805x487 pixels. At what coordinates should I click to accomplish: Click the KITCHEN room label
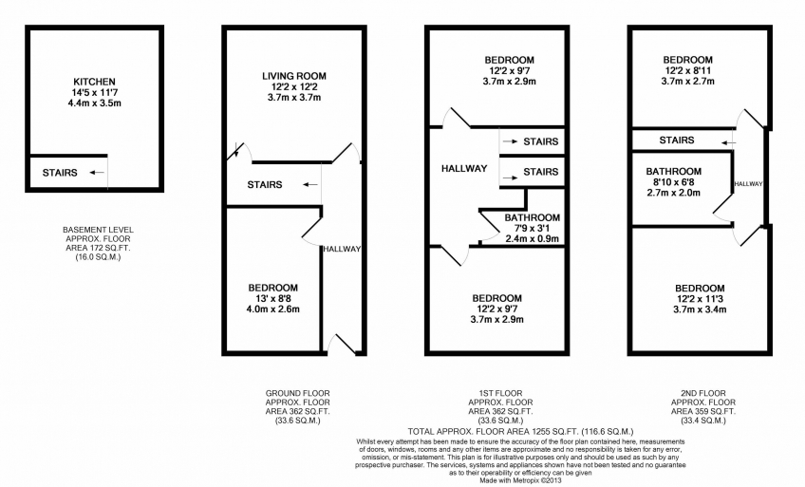[95, 82]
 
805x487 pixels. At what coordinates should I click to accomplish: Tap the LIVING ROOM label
[294, 76]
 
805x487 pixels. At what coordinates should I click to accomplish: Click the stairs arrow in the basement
[97, 173]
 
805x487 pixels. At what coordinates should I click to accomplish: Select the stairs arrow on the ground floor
[309, 185]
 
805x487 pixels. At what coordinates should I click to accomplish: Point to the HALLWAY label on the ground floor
[342, 249]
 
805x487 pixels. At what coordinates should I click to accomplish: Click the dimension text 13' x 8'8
[273, 298]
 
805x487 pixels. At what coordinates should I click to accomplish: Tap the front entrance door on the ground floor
[342, 344]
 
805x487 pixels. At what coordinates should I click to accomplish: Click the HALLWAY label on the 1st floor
[464, 168]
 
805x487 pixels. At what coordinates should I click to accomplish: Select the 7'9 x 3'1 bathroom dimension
[533, 229]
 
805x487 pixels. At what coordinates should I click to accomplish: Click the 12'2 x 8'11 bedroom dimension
[688, 70]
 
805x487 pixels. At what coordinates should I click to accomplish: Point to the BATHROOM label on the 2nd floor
[674, 172]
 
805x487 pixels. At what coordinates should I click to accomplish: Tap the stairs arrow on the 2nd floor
[728, 142]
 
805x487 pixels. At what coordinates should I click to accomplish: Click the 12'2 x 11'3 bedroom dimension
[700, 299]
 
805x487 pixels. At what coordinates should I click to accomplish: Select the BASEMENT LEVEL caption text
[98, 230]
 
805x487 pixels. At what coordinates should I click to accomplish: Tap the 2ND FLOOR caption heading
[703, 394]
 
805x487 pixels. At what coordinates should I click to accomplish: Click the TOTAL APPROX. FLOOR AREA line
[520, 432]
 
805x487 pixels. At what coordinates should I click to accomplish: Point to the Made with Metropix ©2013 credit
[520, 481]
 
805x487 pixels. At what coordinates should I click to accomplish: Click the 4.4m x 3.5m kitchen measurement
[95, 103]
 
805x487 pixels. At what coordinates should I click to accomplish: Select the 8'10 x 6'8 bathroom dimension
[674, 182]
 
